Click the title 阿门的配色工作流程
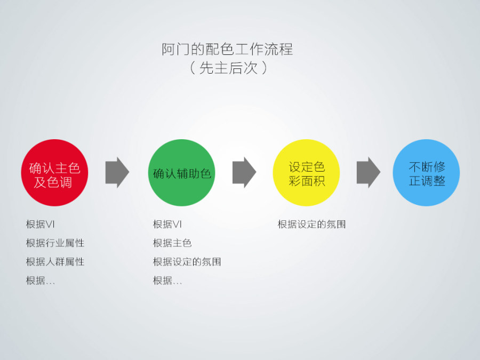[227, 49]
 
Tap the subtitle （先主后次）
[228, 68]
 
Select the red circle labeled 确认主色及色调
[54, 173]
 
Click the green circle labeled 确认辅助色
[182, 173]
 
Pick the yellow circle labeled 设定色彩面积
[306, 173]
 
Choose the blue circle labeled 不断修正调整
[426, 173]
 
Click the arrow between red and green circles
[117, 172]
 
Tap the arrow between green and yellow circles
[244, 172]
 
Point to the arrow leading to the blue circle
[369, 172]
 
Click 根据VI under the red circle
[40, 225]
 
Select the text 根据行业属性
[55, 243]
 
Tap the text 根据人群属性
[55, 262]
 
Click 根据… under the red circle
[41, 281]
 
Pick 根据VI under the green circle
[167, 225]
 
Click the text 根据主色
[172, 243]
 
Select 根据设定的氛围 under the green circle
[187, 262]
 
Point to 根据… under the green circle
[167, 281]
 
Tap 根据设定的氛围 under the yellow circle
[311, 225]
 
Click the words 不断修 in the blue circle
[427, 167]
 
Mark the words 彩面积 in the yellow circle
[307, 181]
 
